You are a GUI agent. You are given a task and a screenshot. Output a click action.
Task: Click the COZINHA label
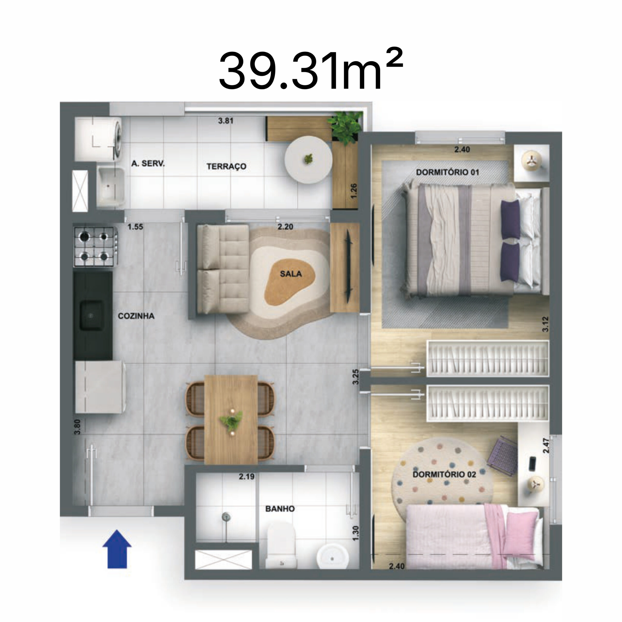click(x=136, y=316)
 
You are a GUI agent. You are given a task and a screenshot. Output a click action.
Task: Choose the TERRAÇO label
click(x=226, y=166)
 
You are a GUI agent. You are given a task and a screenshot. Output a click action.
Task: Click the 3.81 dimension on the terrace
click(x=226, y=121)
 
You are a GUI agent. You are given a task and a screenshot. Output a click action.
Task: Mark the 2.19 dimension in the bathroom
click(x=247, y=476)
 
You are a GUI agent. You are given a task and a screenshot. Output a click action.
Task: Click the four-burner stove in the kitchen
click(x=94, y=247)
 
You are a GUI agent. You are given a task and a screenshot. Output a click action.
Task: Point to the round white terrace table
click(x=308, y=160)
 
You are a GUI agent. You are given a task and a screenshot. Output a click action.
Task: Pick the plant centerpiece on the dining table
click(x=231, y=422)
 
